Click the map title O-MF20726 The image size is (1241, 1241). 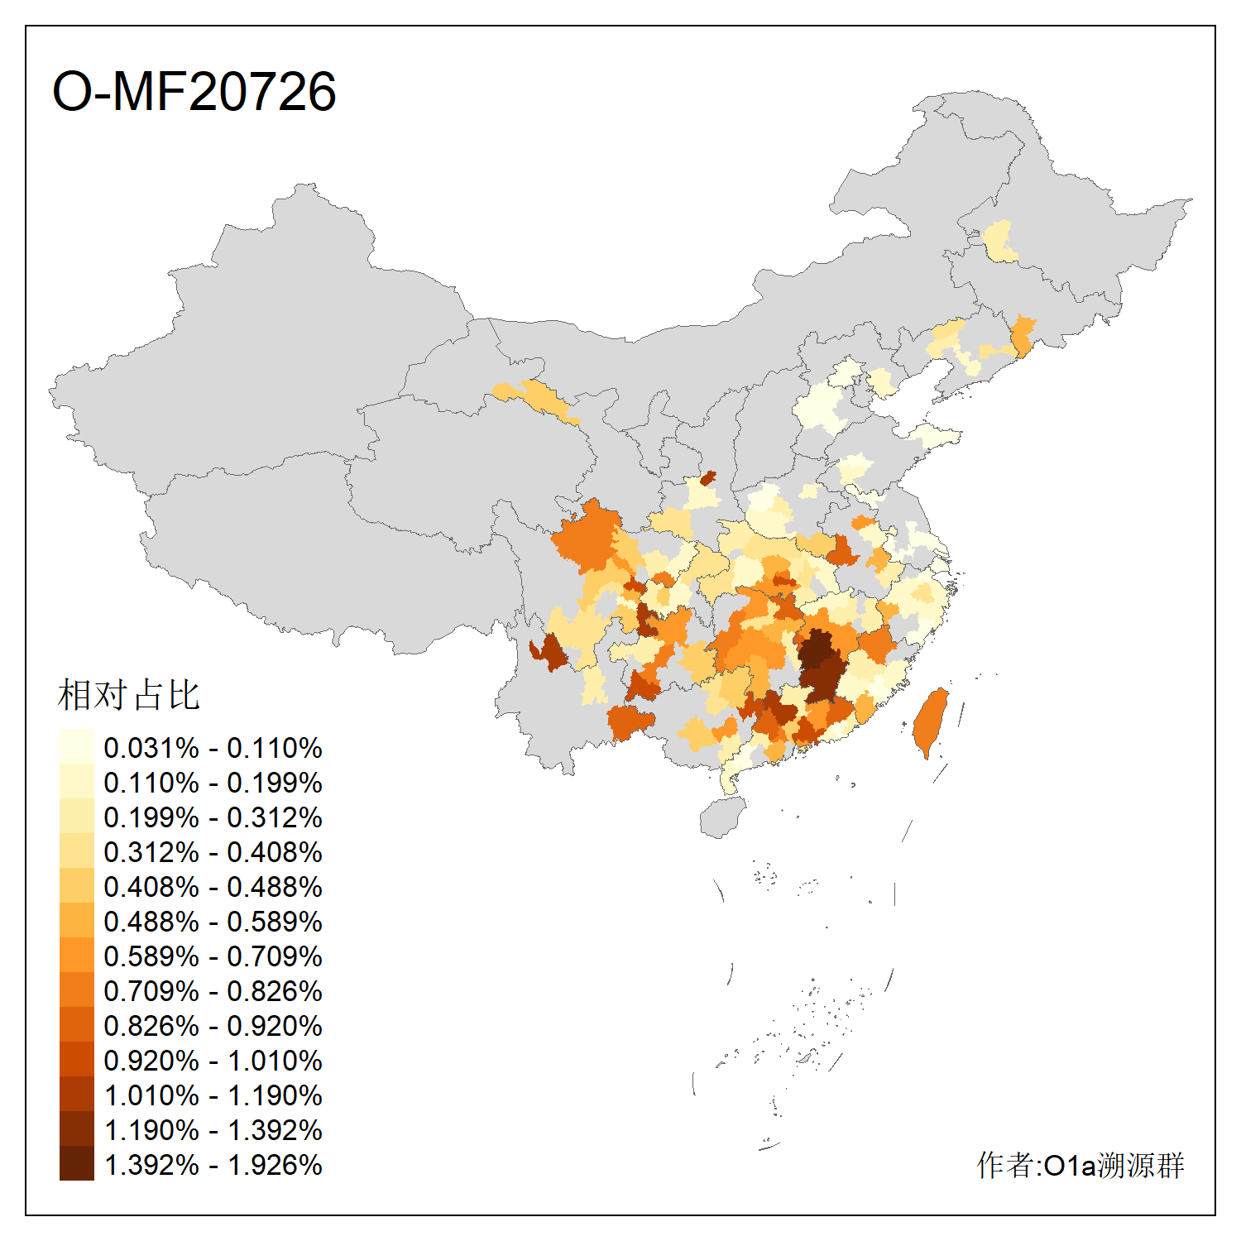(194, 91)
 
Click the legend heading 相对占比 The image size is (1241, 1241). (129, 695)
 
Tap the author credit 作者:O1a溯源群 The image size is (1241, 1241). (1080, 1165)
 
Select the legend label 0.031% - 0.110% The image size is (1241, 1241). (213, 748)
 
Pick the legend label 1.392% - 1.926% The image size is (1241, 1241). (213, 1165)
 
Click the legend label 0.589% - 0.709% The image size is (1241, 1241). (213, 956)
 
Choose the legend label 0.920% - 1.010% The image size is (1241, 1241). (213, 1061)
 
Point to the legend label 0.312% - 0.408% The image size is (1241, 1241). (213, 852)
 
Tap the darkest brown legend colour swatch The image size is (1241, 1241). (76, 1163)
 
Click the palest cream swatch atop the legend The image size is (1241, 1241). (76, 746)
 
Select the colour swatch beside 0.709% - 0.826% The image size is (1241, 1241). (76, 989)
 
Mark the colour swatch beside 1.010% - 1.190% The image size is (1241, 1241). (76, 1094)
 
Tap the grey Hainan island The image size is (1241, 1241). (722, 817)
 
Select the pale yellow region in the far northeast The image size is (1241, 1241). (1000, 241)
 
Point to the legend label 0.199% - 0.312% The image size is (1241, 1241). (213, 817)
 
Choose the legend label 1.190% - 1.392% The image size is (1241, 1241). (213, 1130)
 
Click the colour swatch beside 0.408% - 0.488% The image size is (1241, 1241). (76, 885)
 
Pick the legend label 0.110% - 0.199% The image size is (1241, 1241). (213, 783)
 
